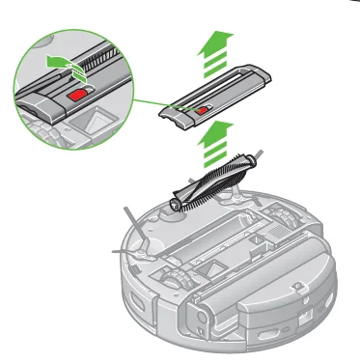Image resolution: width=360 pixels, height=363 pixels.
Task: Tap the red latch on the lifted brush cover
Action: (x=202, y=110)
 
